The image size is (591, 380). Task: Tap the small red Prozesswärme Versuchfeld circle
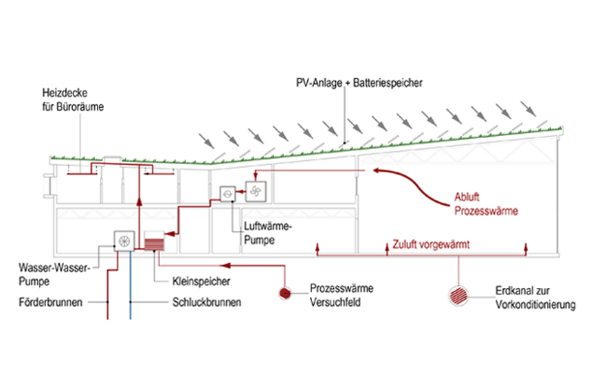point(285,293)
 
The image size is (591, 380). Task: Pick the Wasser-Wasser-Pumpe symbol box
point(124,241)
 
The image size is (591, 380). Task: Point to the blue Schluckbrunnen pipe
point(131,289)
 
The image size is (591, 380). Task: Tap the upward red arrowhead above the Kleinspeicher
point(140,201)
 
